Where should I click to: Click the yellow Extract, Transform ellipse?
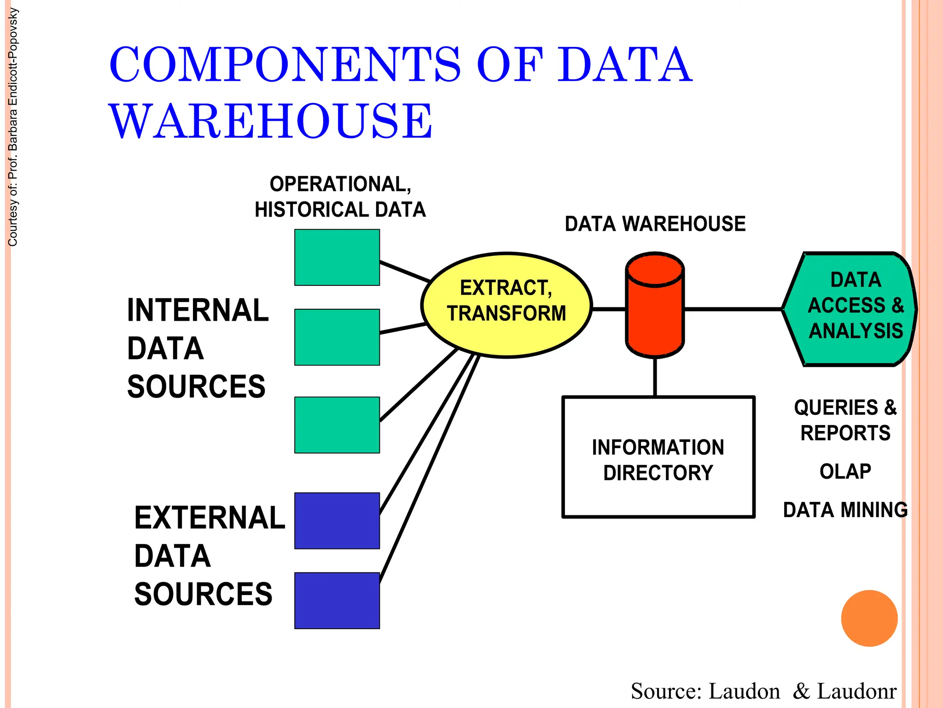click(506, 305)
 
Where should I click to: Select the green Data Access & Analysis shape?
click(850, 309)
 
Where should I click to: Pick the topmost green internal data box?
click(337, 257)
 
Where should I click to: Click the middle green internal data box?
click(337, 337)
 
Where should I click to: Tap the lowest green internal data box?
click(337, 425)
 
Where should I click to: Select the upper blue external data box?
click(337, 520)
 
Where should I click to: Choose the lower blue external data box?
click(337, 600)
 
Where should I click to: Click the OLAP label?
click(845, 471)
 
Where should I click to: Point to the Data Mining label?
click(845, 510)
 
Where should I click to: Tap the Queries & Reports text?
click(845, 420)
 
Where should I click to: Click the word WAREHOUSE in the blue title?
click(271, 121)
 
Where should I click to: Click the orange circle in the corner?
click(869, 618)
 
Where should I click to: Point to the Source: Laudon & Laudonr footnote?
click(763, 691)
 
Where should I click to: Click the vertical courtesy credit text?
click(13, 127)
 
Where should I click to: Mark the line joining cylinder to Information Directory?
click(655, 377)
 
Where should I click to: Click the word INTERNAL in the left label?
click(198, 310)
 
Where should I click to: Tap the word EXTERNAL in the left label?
click(210, 518)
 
